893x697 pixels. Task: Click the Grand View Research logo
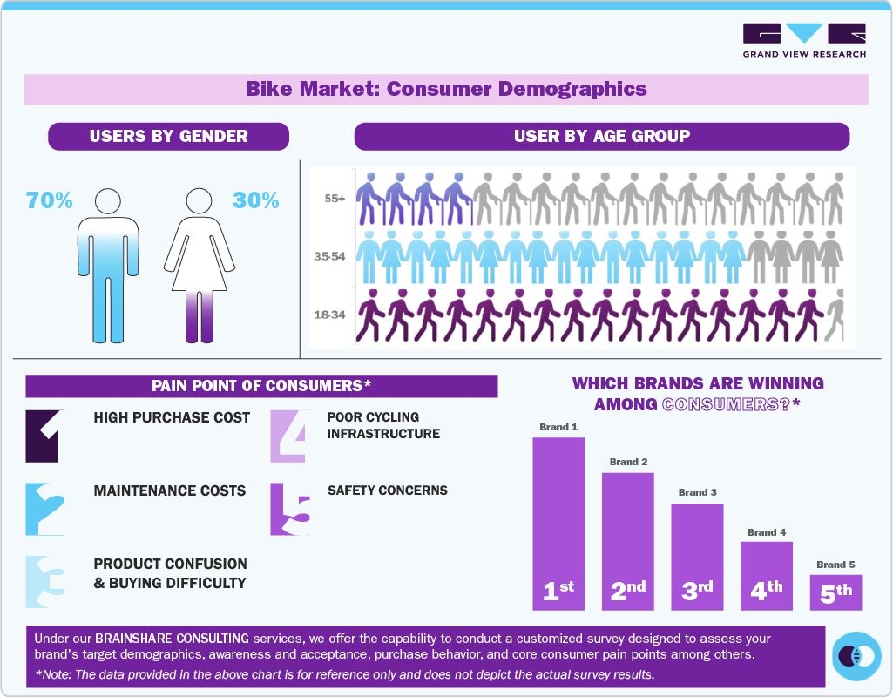click(804, 40)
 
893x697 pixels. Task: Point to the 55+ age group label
click(335, 199)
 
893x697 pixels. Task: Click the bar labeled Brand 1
click(558, 523)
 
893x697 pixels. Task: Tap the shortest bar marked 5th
click(835, 592)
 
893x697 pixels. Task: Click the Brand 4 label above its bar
click(767, 531)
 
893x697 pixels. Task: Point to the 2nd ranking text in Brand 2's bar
click(627, 590)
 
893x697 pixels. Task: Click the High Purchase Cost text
click(172, 417)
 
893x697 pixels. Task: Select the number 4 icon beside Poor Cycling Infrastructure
click(289, 436)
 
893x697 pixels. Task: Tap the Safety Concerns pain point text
click(388, 491)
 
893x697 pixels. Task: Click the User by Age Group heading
click(601, 136)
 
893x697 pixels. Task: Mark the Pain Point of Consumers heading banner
click(261, 385)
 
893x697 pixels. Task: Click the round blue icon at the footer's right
click(856, 656)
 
